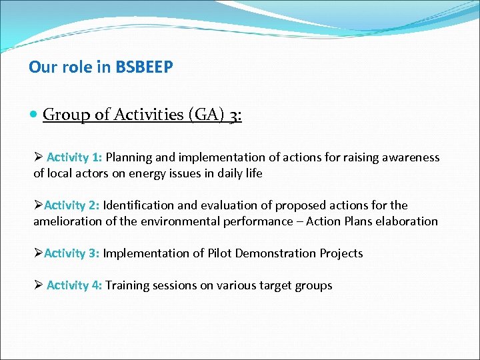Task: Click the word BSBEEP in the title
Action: tap(145, 67)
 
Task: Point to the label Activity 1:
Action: tap(74, 157)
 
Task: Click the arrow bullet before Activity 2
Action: tap(38, 205)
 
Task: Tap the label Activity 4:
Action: tap(74, 285)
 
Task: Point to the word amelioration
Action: tap(66, 221)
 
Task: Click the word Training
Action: tap(127, 285)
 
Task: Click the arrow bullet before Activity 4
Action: tap(39, 285)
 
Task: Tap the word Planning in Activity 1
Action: tap(129, 157)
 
